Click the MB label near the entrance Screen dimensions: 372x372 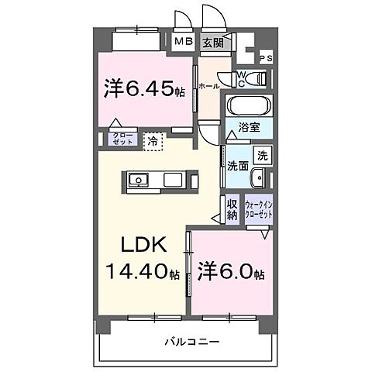point(184,43)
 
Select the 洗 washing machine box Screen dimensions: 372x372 point(263,154)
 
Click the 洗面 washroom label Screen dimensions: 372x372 point(237,165)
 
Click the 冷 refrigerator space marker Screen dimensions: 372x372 point(153,141)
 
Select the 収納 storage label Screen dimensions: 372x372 point(232,208)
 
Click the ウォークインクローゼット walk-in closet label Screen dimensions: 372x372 point(259,209)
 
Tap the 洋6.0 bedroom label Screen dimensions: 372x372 point(231,274)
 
